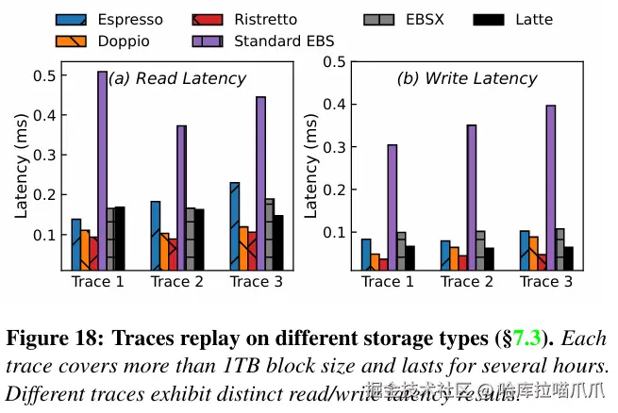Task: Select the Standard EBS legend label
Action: (284, 41)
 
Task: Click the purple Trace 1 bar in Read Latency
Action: (103, 171)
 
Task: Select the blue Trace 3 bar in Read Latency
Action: (235, 226)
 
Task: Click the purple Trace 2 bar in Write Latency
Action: (471, 198)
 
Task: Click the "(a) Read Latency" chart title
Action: (177, 79)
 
